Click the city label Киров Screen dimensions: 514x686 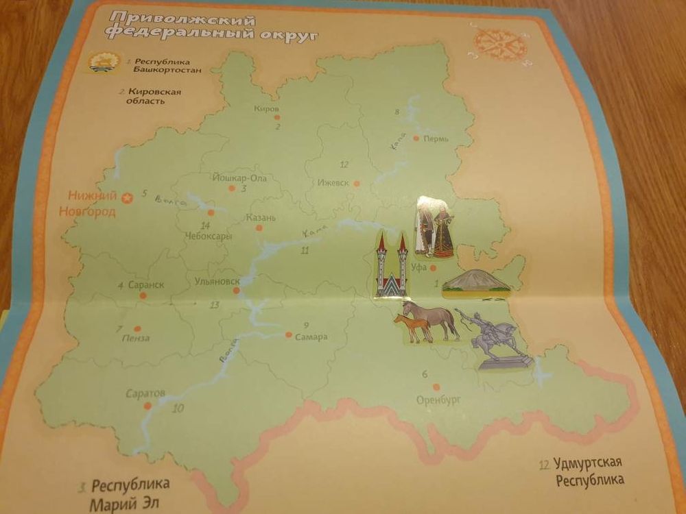(266, 109)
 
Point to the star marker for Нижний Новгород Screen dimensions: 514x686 (126, 199)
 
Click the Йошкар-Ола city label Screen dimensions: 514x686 (239, 178)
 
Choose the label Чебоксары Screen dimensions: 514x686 (208, 236)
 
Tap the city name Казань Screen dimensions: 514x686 (260, 218)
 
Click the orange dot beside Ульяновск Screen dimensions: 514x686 (237, 291)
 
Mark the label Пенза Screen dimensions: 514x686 (134, 338)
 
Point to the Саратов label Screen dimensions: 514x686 (145, 393)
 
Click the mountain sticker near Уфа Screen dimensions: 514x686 (475, 282)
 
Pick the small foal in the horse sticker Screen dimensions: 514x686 (412, 328)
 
